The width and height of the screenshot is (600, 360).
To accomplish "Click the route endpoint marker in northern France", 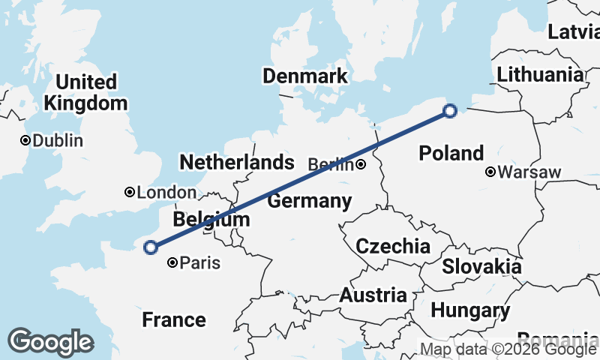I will pyautogui.click(x=151, y=247).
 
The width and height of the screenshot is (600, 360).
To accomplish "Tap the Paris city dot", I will pyautogui.click(x=173, y=262).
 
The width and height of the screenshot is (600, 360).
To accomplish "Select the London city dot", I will pyautogui.click(x=130, y=193).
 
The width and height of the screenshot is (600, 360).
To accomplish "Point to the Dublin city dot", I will pyautogui.click(x=25, y=140).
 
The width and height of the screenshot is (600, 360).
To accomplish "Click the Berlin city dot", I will pyautogui.click(x=361, y=164).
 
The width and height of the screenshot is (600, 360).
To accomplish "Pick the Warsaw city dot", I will pyautogui.click(x=490, y=172).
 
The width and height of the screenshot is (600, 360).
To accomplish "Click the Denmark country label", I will pyautogui.click(x=304, y=76).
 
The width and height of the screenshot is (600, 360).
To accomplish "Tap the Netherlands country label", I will pyautogui.click(x=236, y=162).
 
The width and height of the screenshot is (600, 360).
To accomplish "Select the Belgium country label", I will pyautogui.click(x=211, y=220).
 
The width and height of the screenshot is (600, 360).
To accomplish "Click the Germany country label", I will pyautogui.click(x=310, y=201).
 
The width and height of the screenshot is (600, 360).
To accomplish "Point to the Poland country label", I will pyautogui.click(x=451, y=154).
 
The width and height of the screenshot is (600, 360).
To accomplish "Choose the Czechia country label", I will pyautogui.click(x=393, y=246).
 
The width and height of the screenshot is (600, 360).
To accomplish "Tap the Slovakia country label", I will pyautogui.click(x=481, y=266).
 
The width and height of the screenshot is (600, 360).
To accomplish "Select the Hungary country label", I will pyautogui.click(x=470, y=310).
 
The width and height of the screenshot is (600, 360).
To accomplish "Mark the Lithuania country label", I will pyautogui.click(x=539, y=74).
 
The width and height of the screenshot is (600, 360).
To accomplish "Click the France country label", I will pyautogui.click(x=174, y=320).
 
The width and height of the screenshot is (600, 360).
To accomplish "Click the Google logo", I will pyautogui.click(x=50, y=342).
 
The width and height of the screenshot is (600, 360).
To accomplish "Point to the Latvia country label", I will pyautogui.click(x=574, y=31).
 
